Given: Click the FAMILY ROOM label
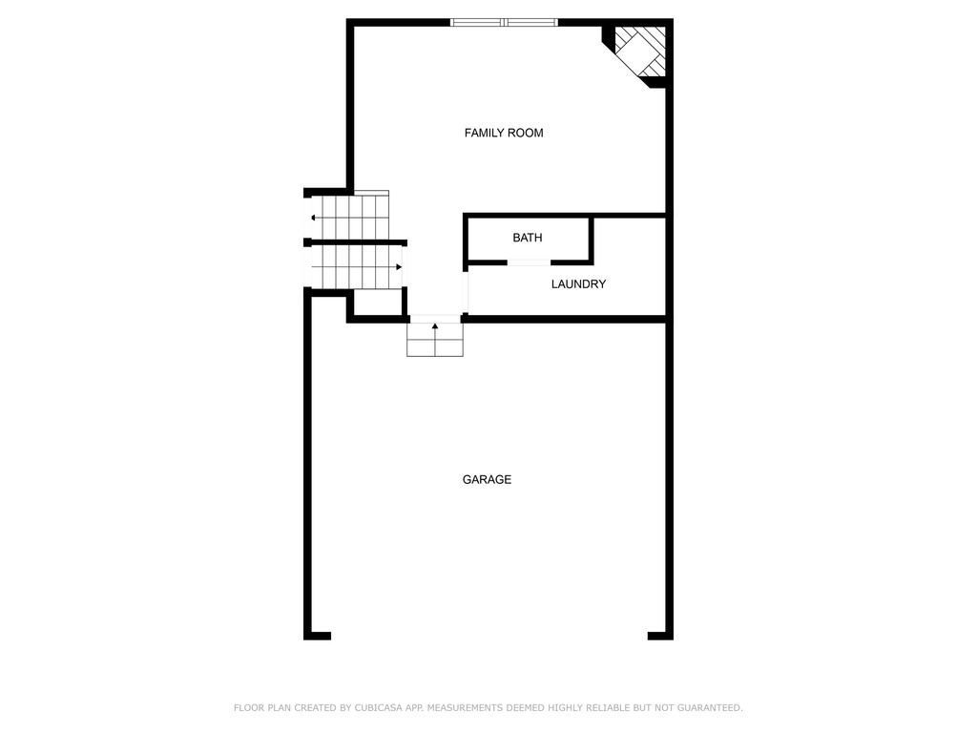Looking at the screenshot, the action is (504, 133).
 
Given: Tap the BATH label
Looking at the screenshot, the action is (527, 238).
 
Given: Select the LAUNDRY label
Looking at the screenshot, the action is (578, 284).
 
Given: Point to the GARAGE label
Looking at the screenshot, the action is (487, 479).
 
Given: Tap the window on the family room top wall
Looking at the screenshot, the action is (504, 23).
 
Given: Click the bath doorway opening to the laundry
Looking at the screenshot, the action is (529, 262).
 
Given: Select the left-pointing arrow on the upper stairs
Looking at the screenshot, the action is (349, 218).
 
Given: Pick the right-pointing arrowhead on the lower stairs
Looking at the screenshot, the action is (399, 267).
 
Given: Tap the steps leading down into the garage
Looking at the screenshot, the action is (435, 340).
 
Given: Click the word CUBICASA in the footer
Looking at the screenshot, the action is (378, 707).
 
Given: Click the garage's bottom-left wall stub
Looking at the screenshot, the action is (317, 636).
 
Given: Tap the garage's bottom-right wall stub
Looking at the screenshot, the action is (660, 636).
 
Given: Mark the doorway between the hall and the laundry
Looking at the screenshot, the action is (466, 292).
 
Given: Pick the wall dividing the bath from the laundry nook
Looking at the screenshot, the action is (591, 240).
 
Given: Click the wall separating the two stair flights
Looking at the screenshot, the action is (356, 242).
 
